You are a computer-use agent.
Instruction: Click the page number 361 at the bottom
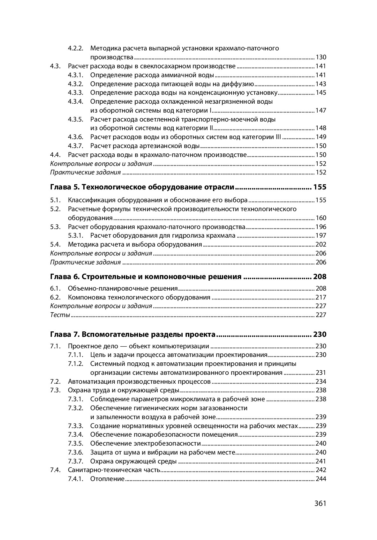[320, 503]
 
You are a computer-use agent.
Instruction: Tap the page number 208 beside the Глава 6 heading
[320, 277]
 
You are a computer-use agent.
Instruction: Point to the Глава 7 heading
[133, 335]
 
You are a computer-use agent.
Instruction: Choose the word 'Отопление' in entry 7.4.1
[107, 479]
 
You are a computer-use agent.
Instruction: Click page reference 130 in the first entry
[321, 57]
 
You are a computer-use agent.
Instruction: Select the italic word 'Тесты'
[60, 315]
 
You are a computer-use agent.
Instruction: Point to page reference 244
[321, 479]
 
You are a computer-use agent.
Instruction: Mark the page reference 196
[321, 227]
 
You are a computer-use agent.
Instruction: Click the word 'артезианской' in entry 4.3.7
[160, 146]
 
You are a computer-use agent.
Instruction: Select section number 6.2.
[55, 297]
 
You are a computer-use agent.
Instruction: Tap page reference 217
[321, 297]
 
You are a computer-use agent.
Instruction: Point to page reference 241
[321, 461]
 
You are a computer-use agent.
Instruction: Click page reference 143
[321, 84]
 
